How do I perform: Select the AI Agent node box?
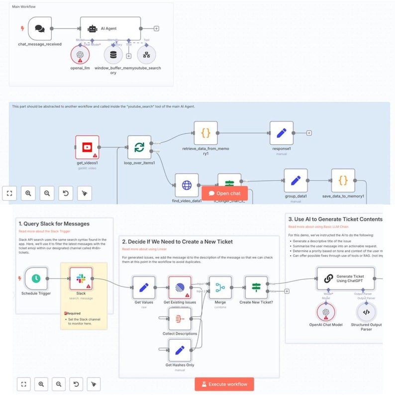(110, 29)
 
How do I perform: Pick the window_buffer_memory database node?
(113, 55)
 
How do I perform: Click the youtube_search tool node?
(146, 55)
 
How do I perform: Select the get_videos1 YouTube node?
(87, 147)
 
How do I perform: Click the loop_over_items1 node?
(139, 147)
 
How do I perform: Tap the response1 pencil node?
(282, 133)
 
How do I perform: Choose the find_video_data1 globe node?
(187, 186)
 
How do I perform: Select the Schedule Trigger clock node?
(36, 279)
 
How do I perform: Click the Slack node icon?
(81, 279)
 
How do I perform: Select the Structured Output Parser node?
(366, 312)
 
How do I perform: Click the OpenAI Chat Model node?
(325, 312)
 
